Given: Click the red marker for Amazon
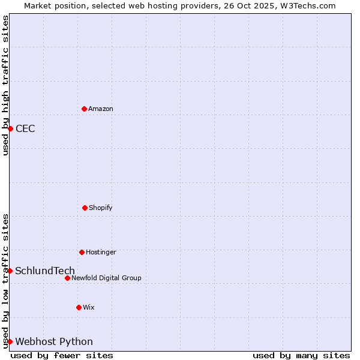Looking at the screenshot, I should [84, 109].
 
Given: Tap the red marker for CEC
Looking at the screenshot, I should [10, 128].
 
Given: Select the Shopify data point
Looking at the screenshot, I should [85, 208].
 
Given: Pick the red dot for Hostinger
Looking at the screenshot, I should [82, 252].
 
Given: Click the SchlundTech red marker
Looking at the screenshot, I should [10, 271].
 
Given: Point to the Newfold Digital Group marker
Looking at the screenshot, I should [67, 278].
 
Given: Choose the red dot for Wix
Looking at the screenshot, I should [79, 307].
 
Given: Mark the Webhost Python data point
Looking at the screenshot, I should [10, 341].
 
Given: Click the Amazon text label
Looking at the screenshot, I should [101, 109].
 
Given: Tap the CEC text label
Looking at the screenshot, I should [25, 128].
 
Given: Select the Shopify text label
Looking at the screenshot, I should [101, 208].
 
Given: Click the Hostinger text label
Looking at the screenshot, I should [101, 252].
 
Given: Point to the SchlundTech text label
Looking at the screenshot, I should [45, 271].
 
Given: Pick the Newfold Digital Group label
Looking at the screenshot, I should [106, 278].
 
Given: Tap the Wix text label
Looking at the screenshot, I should [89, 307].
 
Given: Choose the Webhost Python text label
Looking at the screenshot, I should [54, 341].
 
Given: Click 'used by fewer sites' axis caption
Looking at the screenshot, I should [62, 355].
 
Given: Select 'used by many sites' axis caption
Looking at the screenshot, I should [301, 355].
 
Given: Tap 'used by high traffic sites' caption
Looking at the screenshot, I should [5, 85].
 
